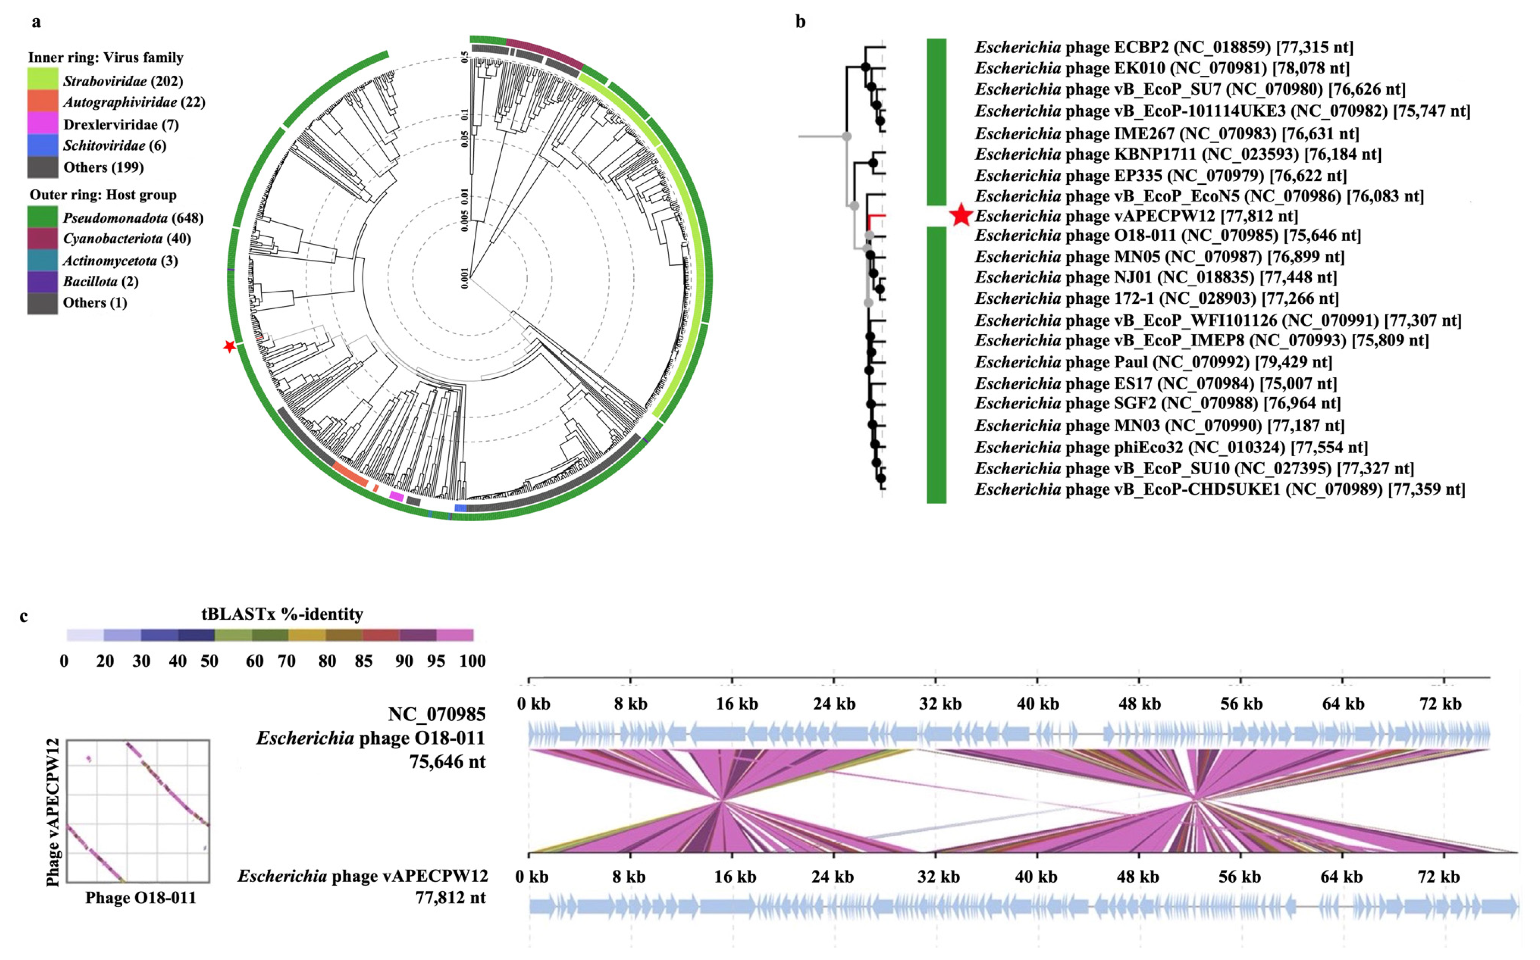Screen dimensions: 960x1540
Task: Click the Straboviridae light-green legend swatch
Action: [x=43, y=79]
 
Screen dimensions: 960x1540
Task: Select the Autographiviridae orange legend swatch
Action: [x=43, y=102]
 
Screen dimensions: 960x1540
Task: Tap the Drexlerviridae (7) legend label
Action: [x=121, y=124]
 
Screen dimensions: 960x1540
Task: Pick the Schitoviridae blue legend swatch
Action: [x=43, y=145]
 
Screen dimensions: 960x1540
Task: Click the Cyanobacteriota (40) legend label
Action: [x=127, y=239]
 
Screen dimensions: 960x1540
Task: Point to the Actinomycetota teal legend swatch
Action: [x=43, y=260]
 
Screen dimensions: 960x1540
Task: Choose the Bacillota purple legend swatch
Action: [x=43, y=281]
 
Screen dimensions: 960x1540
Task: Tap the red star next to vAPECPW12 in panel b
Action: [x=961, y=216]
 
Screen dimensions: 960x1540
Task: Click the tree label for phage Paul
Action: [x=1153, y=362]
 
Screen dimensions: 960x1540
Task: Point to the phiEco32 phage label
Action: [x=1171, y=447]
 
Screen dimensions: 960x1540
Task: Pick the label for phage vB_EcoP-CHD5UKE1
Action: [x=1220, y=490]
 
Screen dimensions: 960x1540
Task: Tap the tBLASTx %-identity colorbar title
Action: [x=282, y=614]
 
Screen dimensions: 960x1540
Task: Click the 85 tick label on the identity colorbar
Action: [x=363, y=661]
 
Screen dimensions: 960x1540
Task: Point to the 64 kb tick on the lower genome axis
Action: [x=1341, y=877]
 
